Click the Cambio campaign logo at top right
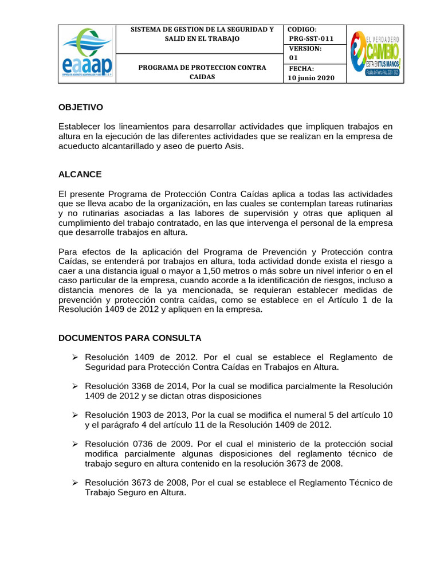[x=375, y=54]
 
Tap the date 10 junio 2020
[x=312, y=78]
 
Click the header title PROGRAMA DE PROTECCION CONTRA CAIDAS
[x=202, y=72]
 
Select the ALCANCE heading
[x=80, y=174]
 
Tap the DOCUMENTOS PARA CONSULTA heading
[x=130, y=338]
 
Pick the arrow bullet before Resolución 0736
[x=74, y=445]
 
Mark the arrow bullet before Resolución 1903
[x=74, y=415]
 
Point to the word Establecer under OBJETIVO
[x=81, y=126]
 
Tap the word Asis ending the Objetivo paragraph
[x=234, y=146]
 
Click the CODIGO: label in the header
[x=302, y=29]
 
